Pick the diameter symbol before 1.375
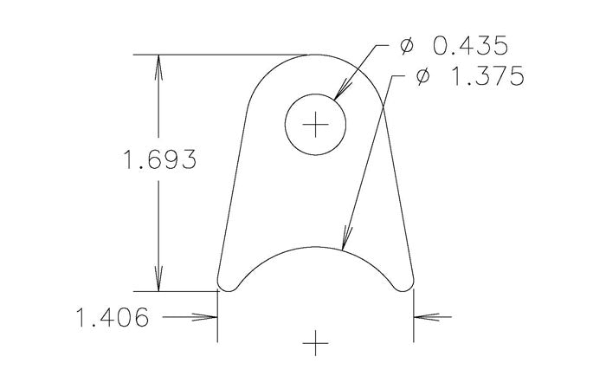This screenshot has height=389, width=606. tap(422, 77)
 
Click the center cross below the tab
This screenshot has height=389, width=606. tap(316, 344)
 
